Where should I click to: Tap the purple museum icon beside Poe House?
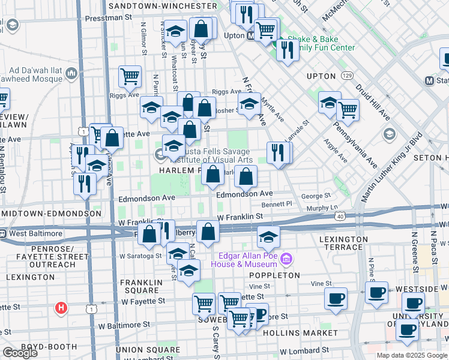point(287,259)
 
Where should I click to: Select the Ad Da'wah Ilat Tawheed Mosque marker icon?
point(72,73)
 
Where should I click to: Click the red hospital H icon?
point(60,309)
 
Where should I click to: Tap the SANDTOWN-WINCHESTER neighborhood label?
point(163,5)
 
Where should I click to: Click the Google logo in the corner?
point(20,353)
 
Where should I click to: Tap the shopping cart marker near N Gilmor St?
point(130,76)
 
